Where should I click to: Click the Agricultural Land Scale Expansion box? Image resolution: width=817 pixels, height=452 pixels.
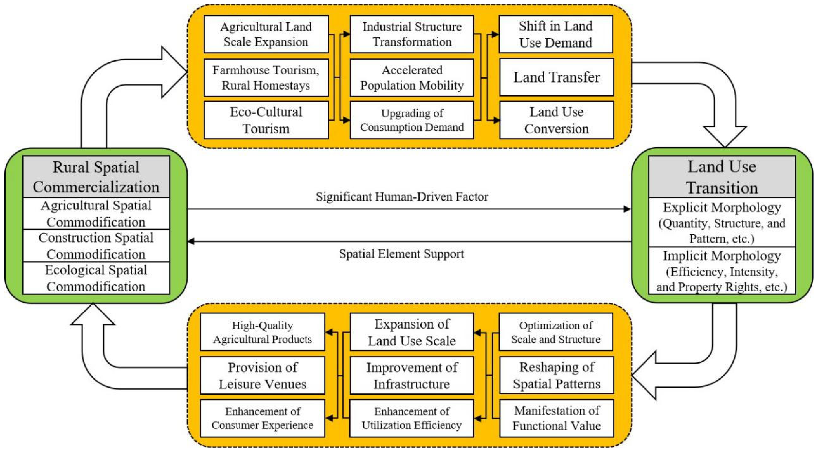click(266, 34)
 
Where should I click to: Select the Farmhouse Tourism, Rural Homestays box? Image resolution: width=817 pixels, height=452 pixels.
click(266, 77)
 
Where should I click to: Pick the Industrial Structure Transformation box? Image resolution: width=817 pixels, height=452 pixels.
click(412, 34)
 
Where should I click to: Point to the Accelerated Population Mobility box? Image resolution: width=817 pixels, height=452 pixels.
click(412, 77)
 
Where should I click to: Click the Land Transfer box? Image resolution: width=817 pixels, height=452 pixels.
click(556, 77)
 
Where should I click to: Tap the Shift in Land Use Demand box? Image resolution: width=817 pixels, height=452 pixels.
click(556, 34)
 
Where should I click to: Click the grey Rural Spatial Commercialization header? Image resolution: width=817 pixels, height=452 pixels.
click(96, 177)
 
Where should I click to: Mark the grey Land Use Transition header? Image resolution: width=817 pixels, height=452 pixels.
click(722, 177)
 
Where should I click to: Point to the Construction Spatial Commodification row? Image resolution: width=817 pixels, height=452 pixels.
click(96, 246)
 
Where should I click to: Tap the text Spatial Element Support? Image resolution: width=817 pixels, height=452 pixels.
click(402, 254)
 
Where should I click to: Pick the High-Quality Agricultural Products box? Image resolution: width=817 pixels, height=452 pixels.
click(262, 332)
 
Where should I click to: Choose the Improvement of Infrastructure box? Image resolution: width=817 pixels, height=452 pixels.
click(412, 375)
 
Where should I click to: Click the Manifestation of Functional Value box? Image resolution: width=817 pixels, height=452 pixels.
click(556, 418)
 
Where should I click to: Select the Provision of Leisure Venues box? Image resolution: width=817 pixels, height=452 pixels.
click(262, 375)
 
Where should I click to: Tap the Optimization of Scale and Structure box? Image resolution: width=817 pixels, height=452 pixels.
click(556, 332)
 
